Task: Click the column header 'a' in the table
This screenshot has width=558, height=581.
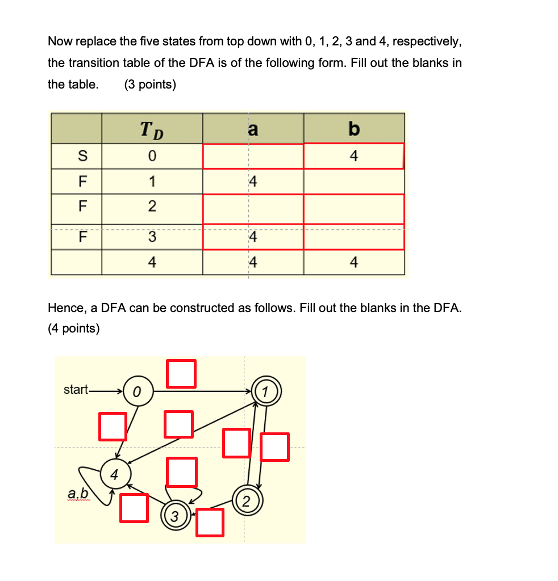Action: click(x=253, y=129)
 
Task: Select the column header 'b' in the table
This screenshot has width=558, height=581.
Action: click(x=353, y=129)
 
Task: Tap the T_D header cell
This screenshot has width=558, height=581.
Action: click(x=152, y=129)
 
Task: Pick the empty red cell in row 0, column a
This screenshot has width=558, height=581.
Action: click(x=253, y=156)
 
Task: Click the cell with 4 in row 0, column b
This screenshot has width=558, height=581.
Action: click(x=353, y=156)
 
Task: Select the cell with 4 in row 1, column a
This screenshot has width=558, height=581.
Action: click(x=253, y=182)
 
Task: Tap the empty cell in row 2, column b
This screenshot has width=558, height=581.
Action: click(x=353, y=208)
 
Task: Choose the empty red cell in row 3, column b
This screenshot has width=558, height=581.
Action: click(x=353, y=237)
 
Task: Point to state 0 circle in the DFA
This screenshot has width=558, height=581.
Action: click(x=137, y=391)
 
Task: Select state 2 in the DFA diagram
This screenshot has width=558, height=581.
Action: click(x=246, y=500)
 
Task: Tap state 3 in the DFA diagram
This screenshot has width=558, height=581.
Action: click(x=174, y=516)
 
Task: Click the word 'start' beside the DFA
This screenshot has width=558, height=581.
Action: click(x=76, y=390)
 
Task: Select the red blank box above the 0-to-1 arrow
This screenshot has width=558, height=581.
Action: click(x=182, y=373)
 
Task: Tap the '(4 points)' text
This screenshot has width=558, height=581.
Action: click(x=74, y=329)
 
